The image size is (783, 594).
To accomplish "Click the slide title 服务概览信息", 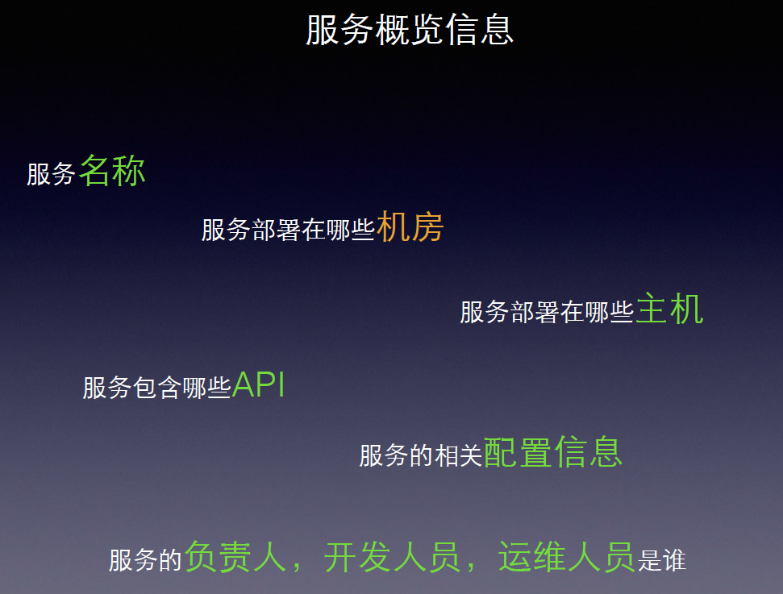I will [410, 31].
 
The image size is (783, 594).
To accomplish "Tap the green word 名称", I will [112, 170].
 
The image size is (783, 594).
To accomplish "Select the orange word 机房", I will [410, 227].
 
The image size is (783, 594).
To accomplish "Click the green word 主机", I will [669, 309].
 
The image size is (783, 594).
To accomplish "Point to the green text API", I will [259, 386].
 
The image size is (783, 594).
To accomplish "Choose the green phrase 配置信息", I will [553, 453].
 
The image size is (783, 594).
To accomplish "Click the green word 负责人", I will [235, 557].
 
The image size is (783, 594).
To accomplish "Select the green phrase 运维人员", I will [566, 557].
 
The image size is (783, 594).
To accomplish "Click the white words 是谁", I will [662, 560].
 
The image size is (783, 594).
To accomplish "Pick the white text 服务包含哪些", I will [157, 388].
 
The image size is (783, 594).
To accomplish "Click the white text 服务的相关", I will [421, 456].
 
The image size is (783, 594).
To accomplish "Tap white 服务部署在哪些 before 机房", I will [288, 231].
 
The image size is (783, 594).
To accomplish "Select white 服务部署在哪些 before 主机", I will [547, 312].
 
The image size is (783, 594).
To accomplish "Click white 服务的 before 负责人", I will [146, 560].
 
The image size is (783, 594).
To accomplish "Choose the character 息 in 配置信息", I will [606, 453].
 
